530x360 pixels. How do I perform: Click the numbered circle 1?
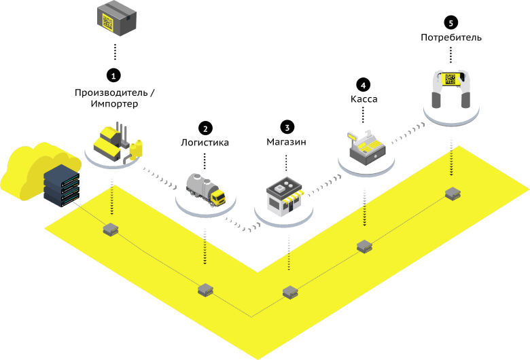114,73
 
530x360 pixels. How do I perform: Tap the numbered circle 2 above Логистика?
205,128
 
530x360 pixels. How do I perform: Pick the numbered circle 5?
450,22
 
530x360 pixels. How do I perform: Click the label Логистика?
205,143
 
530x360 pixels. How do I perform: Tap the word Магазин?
286,143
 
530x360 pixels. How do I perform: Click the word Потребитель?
450,37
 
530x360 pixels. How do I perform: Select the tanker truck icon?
206,188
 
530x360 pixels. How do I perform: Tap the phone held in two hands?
450,86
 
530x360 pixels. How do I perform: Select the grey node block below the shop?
290,292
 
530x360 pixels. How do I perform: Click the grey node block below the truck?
205,290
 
